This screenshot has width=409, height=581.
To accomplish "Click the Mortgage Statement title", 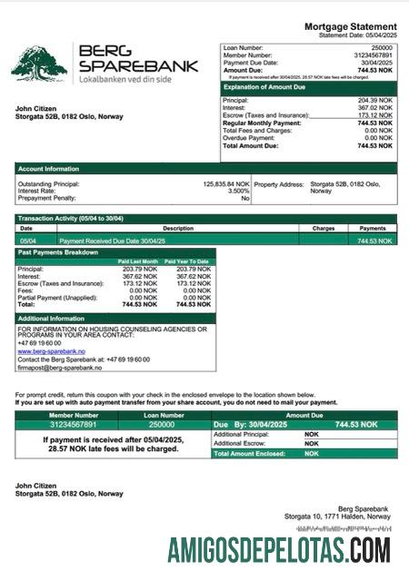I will point(350,27).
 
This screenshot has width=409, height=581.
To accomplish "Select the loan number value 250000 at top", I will point(383,46).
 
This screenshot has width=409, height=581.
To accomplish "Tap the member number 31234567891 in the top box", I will point(372,54).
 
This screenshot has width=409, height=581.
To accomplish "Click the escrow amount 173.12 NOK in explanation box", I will point(375,115).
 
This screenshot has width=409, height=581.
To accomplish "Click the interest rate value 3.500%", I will point(237,191).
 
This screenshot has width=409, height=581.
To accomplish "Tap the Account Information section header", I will point(48,169).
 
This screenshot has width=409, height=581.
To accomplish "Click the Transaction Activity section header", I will point(71,219).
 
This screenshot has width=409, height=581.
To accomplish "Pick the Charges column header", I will point(324,229).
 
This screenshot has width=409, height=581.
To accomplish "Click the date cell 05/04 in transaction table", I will point(27,241).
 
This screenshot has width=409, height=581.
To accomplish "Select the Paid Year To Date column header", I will point(188,261).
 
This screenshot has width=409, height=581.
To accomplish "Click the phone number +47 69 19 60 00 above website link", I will point(39,343).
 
